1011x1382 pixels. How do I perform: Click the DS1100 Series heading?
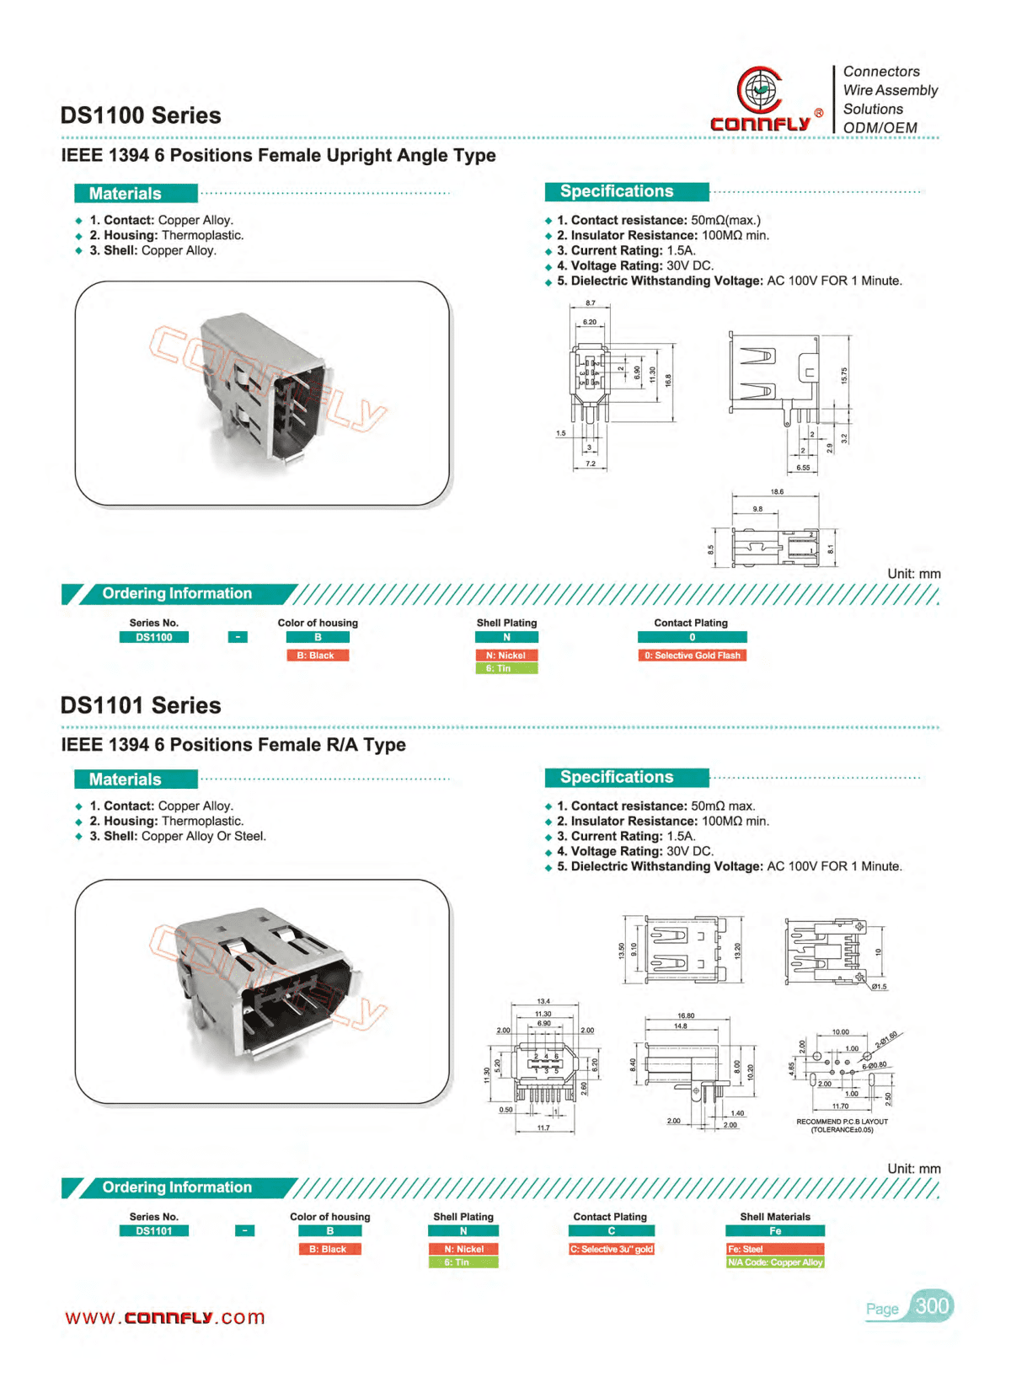141,115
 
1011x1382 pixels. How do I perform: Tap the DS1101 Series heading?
141,705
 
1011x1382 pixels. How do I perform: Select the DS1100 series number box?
154,638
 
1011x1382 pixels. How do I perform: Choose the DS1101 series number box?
154,1231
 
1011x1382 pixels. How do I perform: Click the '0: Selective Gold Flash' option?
692,656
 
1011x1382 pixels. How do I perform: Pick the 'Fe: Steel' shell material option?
774,1249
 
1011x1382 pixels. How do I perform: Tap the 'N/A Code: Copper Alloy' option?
774,1262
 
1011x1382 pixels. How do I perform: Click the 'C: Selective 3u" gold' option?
611,1249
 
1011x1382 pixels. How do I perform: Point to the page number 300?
932,1306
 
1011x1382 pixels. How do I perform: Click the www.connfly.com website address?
165,1318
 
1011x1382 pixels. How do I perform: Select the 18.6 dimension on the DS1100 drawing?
776,492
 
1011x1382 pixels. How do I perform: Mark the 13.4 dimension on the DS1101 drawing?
543,1002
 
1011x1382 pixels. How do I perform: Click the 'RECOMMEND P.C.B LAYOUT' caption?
842,1122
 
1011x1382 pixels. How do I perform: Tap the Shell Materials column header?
775,1217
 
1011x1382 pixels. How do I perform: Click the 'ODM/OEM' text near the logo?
880,127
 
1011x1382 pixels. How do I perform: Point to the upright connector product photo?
263,393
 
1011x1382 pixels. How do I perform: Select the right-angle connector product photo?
263,991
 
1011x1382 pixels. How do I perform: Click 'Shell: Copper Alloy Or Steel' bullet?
178,836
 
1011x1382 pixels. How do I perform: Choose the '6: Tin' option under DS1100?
506,668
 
